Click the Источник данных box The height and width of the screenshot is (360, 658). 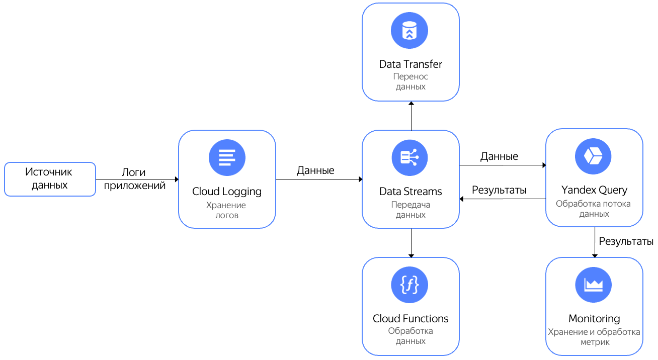49,179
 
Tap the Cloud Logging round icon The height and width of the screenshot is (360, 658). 227,157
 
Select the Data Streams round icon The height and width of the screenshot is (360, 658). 410,157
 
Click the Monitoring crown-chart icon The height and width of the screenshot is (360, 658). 593,285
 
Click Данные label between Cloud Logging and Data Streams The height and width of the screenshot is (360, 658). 315,170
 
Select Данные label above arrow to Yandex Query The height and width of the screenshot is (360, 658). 499,156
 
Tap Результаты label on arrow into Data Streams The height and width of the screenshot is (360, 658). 499,190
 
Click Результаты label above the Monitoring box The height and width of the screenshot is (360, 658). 626,241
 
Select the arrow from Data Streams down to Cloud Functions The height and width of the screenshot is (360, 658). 411,243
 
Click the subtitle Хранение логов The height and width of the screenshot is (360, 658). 226,210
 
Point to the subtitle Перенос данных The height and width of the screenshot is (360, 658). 410,81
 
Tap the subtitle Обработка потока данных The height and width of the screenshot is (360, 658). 593,209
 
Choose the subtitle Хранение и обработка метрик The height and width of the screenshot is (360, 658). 594,337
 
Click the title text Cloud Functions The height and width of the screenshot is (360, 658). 410,319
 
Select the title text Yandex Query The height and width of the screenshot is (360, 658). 594,190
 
